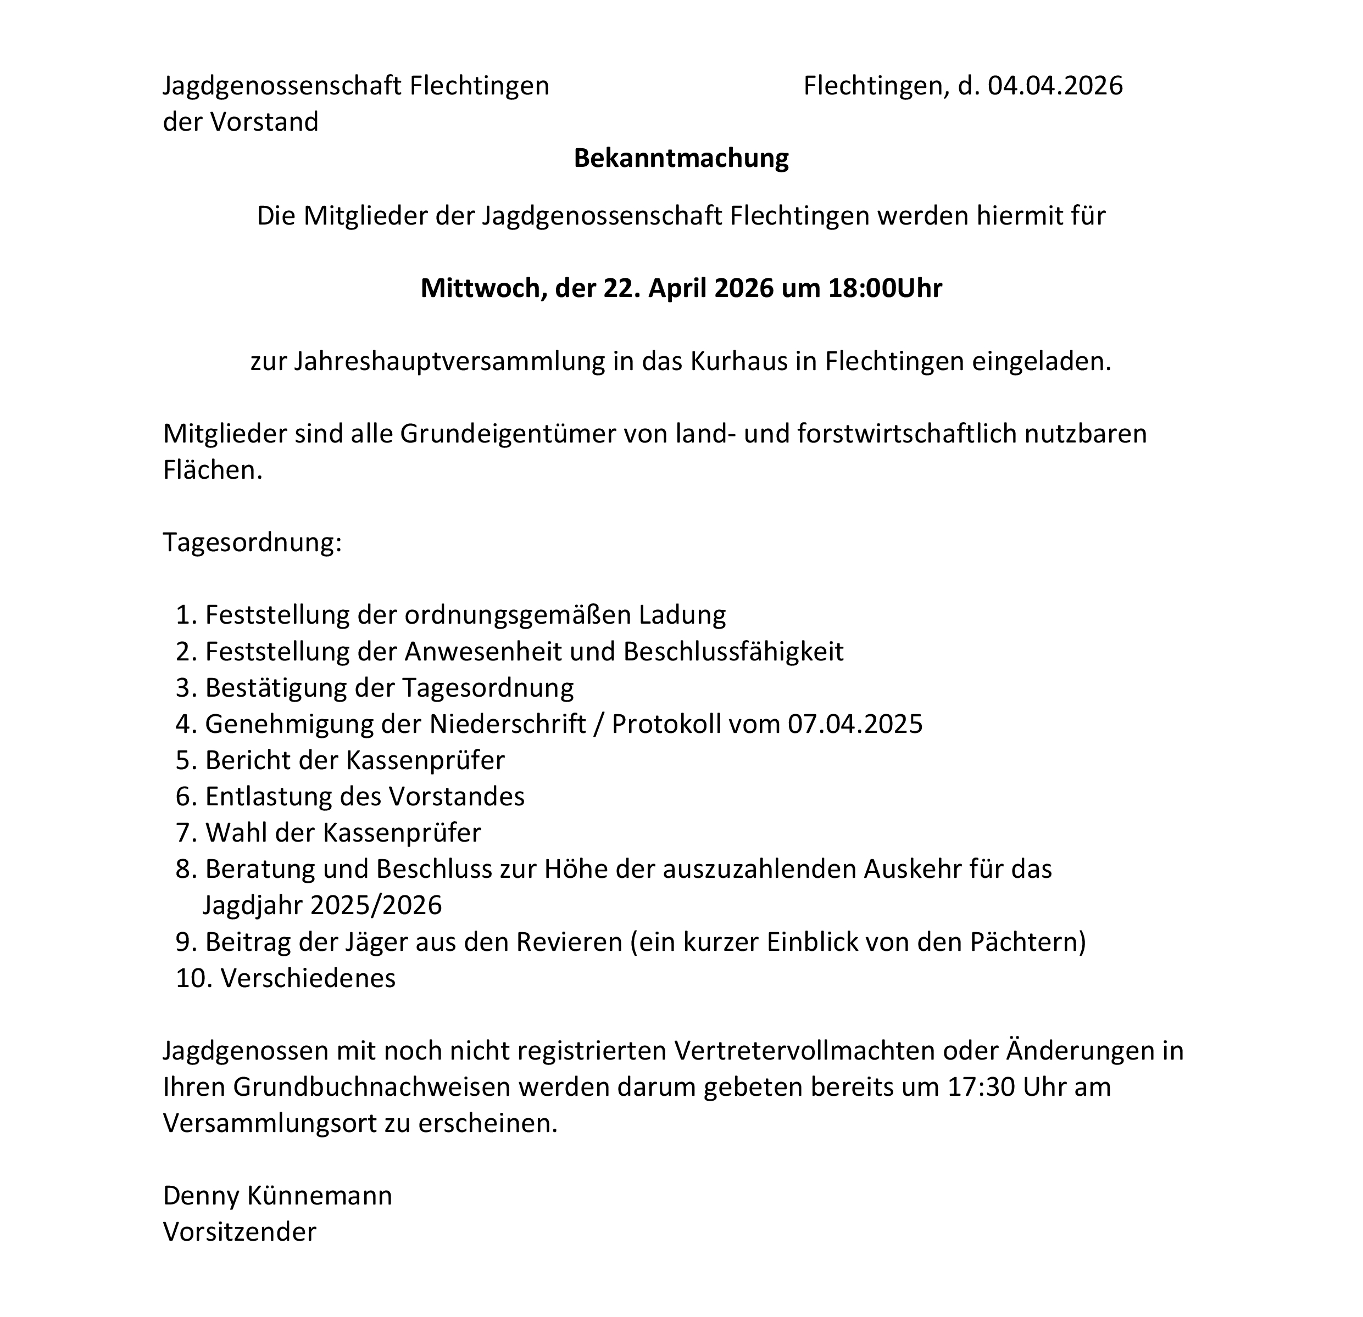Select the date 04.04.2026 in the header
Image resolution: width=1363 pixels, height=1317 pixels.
click(x=1055, y=86)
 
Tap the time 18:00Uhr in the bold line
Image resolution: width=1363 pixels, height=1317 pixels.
click(x=884, y=288)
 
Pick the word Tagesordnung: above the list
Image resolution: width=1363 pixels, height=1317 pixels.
click(x=252, y=542)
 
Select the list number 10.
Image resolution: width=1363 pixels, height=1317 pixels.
click(x=194, y=978)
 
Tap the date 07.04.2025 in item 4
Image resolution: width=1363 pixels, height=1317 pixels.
click(x=855, y=724)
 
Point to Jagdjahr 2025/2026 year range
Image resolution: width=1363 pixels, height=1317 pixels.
click(x=376, y=905)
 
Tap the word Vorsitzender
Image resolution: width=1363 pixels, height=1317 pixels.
click(x=240, y=1231)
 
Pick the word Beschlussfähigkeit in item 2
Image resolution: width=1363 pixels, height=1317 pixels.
click(x=733, y=652)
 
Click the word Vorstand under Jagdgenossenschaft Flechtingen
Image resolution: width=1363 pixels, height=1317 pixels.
click(x=264, y=122)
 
